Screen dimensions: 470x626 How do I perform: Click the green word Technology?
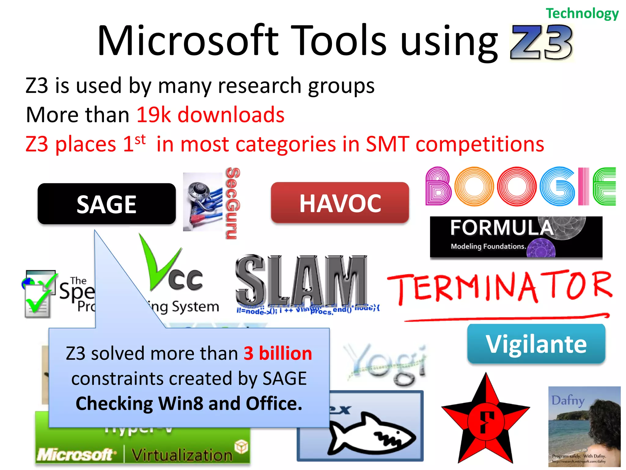(582, 13)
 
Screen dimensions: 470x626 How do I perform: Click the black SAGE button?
(106, 204)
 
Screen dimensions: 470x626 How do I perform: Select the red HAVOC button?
(340, 203)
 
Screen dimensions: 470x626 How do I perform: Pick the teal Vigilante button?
(536, 344)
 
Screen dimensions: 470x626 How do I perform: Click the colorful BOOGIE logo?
(520, 186)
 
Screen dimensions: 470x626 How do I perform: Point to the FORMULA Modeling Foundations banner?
(516, 237)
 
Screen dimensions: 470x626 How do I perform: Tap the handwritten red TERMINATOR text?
(500, 286)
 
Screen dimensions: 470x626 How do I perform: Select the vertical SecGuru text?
(233, 203)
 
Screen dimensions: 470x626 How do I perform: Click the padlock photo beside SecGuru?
(203, 202)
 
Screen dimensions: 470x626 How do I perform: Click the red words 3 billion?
(278, 353)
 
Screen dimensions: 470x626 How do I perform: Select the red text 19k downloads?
(210, 115)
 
